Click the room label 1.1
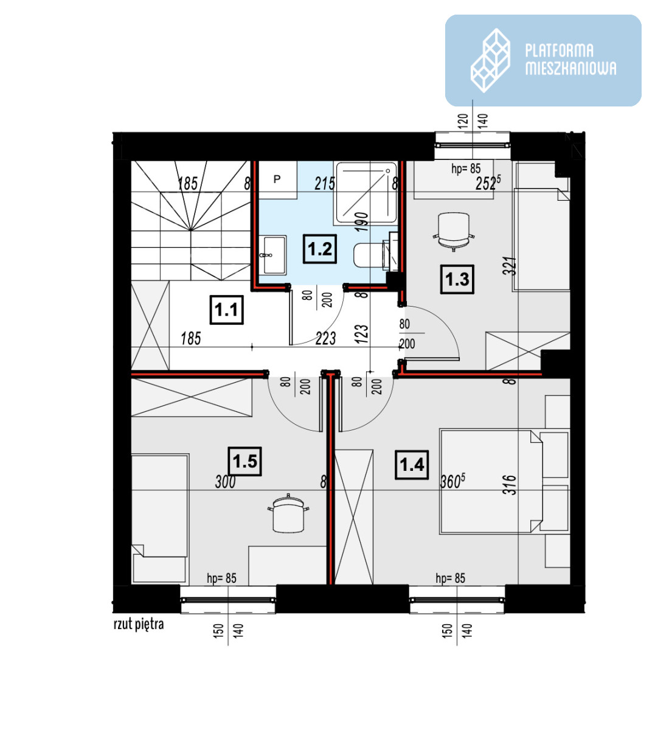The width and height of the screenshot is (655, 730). click(227, 310)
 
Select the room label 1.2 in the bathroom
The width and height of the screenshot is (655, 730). click(320, 249)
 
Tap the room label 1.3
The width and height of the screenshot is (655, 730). click(457, 279)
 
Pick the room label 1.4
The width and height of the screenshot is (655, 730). click(412, 465)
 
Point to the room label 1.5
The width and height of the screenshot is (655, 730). click(245, 461)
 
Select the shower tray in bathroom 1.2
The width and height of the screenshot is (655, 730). click(366, 193)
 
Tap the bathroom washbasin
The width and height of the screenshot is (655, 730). click(272, 255)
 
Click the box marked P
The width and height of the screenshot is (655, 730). click(278, 180)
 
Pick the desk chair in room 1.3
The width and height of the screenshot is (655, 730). click(454, 231)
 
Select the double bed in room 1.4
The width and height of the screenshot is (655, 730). click(491, 481)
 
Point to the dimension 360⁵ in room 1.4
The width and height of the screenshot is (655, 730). click(452, 481)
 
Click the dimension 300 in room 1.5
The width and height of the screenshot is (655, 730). click(225, 482)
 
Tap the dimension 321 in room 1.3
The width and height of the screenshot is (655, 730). click(510, 266)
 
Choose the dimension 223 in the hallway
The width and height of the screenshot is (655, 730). click(326, 338)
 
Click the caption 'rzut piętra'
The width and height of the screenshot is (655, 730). click(139, 624)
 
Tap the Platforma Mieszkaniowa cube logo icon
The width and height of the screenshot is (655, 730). click(490, 60)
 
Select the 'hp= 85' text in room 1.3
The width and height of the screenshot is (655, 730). click(466, 169)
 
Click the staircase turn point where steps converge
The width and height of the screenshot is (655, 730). click(190, 229)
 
